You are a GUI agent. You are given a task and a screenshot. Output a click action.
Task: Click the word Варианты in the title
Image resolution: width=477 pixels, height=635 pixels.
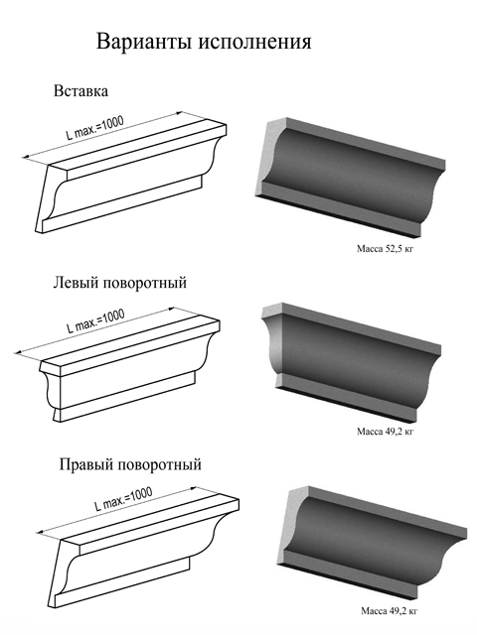[x=144, y=42]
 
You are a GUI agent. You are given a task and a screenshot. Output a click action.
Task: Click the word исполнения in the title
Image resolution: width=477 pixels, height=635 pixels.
[x=254, y=42]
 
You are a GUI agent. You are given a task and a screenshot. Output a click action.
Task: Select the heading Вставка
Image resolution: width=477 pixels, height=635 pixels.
[x=81, y=91]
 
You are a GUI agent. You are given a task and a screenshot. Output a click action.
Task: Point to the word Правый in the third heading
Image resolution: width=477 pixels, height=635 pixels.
[x=84, y=464]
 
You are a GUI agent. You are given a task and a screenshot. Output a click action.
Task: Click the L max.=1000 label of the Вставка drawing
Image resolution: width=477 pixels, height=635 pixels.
[x=95, y=128]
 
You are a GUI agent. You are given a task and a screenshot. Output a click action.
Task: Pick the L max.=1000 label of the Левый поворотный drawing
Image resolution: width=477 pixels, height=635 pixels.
[x=96, y=321]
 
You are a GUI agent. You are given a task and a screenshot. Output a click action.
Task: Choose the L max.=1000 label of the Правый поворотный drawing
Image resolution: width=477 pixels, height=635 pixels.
[x=123, y=499]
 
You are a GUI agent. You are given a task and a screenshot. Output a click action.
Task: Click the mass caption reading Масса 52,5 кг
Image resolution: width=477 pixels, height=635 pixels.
[x=385, y=249]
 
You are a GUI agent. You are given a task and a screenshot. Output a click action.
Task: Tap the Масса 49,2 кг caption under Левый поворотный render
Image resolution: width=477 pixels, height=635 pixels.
[x=385, y=432]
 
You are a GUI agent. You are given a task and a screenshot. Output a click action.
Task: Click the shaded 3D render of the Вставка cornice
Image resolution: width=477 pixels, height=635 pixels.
[x=351, y=177]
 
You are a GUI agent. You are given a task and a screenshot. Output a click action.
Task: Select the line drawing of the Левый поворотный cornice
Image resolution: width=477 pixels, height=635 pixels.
[x=130, y=369]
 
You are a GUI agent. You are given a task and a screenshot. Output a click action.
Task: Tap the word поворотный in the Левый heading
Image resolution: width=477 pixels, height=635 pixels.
[x=144, y=282]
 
